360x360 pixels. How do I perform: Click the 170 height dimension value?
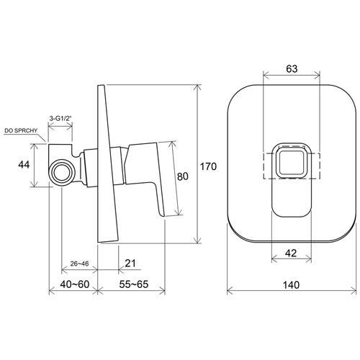(x=208, y=166)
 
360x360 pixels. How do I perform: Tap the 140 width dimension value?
(x=292, y=285)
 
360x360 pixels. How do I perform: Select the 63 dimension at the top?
(x=292, y=69)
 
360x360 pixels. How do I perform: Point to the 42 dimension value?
(x=291, y=253)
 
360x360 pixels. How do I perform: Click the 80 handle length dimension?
(x=183, y=176)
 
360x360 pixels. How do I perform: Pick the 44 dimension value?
(x=24, y=165)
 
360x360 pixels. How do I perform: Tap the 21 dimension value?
(x=130, y=263)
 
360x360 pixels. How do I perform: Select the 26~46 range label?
(x=79, y=264)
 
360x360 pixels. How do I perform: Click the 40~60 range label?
(x=75, y=284)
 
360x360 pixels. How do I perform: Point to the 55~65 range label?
(x=134, y=284)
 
